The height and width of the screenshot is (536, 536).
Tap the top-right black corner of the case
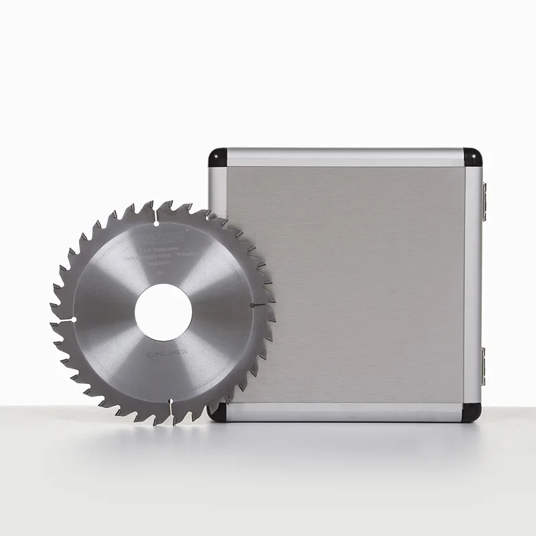(473, 157)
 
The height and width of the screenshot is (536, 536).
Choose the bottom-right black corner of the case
(473, 411)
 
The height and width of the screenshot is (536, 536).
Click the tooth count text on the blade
(189, 256)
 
